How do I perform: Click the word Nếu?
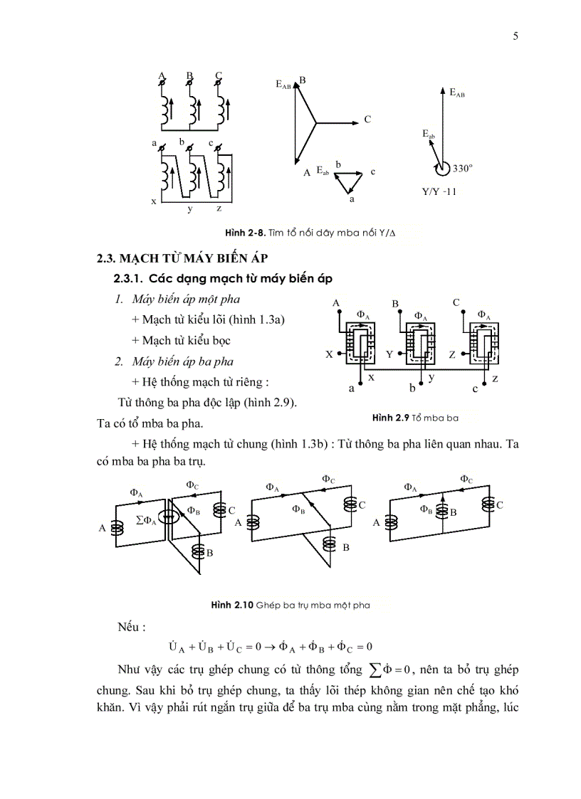click(132, 628)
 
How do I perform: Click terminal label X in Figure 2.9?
click(330, 353)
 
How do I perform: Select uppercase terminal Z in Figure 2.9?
click(452, 354)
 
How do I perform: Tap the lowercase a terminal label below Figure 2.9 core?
click(351, 388)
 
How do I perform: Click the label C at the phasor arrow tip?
click(367, 120)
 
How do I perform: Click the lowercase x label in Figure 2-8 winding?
click(153, 202)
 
